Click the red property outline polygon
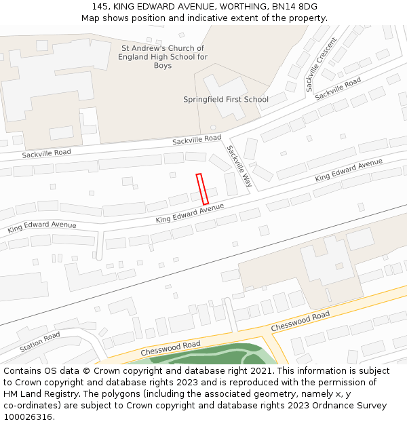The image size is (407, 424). [202, 189]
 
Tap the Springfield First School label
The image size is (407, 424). [226, 100]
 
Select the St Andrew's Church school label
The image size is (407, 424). [163, 57]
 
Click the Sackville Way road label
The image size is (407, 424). [239, 166]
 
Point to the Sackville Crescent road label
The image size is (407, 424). [321, 65]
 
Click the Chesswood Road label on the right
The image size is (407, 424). [301, 322]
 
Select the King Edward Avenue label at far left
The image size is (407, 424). [42, 227]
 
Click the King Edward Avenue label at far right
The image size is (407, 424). [349, 170]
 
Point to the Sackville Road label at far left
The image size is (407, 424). [46, 154]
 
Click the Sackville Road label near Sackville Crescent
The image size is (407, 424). [338, 88]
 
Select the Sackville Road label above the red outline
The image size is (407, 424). [197, 139]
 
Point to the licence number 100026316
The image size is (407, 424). [28, 417]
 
